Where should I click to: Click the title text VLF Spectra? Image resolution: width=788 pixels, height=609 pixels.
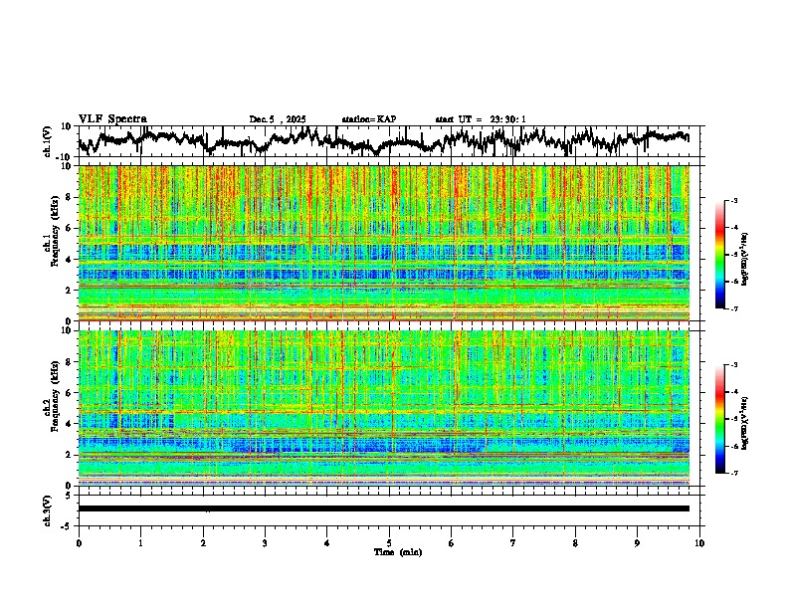[x=112, y=119]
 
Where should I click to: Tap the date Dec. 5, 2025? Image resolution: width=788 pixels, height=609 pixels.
[x=279, y=119]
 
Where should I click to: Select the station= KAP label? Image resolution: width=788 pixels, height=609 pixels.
[x=368, y=119]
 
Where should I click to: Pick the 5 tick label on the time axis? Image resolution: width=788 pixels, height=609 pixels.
[x=389, y=542]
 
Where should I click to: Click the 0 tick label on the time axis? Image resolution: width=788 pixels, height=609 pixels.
[x=79, y=542]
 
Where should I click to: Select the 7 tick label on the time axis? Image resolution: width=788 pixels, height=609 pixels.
[x=513, y=542]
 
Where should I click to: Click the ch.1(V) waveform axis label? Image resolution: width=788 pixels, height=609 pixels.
[x=47, y=141]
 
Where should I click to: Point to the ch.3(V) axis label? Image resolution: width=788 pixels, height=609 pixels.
[x=47, y=508]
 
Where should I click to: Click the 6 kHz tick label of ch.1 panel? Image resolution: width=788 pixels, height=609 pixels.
[x=71, y=228]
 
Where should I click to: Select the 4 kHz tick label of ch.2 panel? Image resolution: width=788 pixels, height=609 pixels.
[x=71, y=423]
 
